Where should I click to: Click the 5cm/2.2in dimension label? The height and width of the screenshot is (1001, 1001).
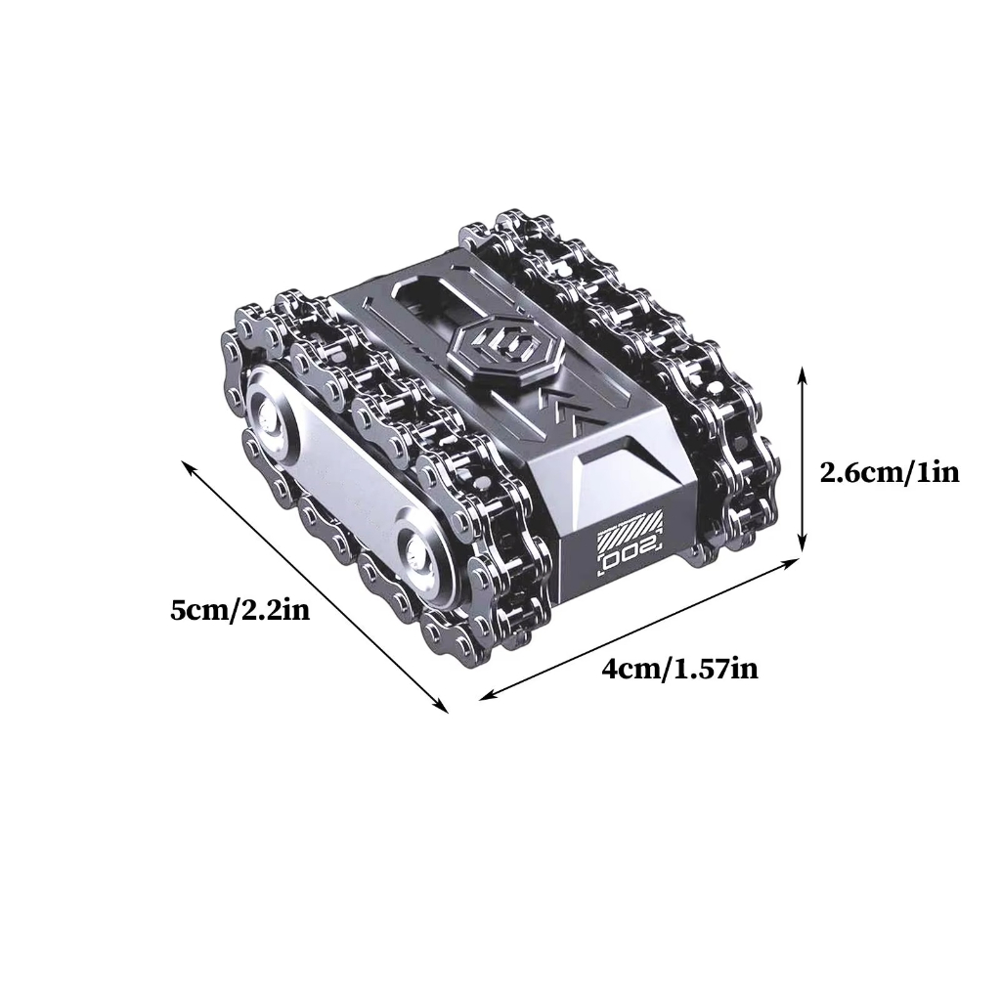tap(240, 611)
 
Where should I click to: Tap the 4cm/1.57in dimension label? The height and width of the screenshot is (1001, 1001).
tap(680, 670)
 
